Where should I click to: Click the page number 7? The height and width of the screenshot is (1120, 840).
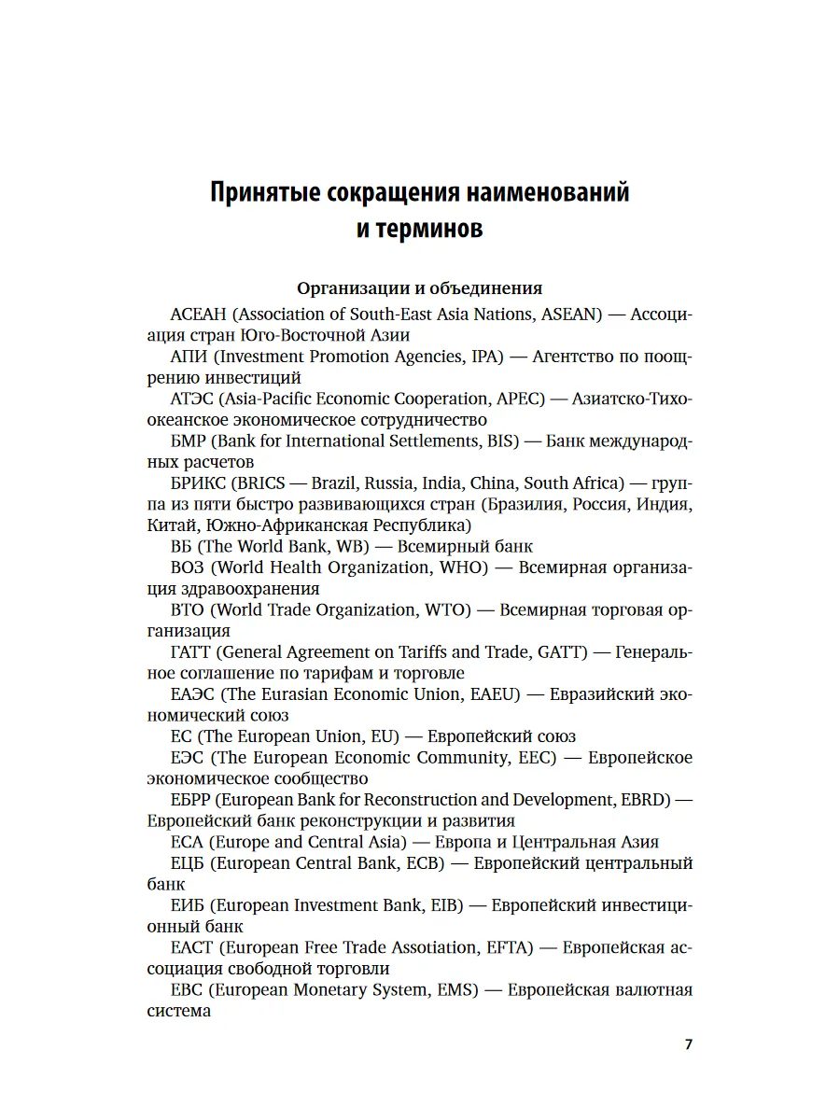coord(689,1044)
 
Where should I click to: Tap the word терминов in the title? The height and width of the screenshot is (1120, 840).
coord(433,229)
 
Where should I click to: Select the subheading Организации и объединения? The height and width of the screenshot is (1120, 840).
coord(419,288)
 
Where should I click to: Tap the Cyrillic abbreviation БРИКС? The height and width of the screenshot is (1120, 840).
coord(199,483)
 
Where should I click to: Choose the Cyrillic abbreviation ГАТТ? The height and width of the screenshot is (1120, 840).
coord(193,651)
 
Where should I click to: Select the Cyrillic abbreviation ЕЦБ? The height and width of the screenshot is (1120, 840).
coord(189,862)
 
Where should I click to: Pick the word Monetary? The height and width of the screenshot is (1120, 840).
coord(338,989)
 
